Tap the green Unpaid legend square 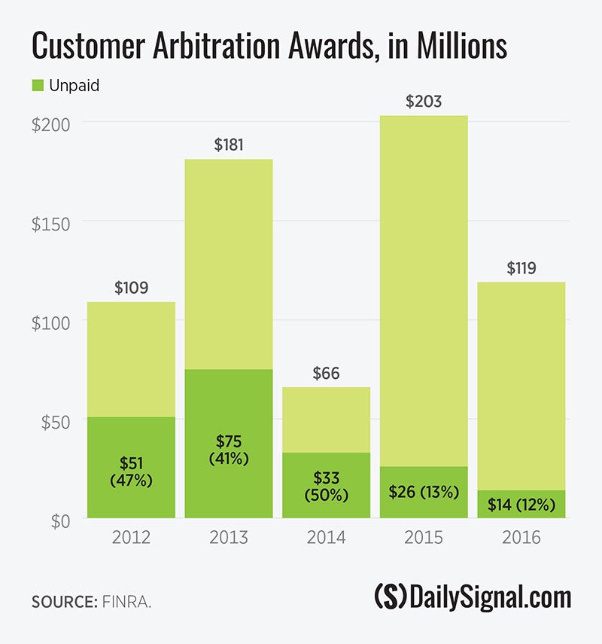point(38,86)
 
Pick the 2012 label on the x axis point(131,539)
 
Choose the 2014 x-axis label point(326,539)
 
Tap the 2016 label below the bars point(521,539)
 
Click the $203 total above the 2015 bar point(424,102)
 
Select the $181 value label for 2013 point(229,145)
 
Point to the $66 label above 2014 point(326,374)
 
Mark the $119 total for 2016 point(521,268)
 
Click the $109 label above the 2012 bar point(131,288)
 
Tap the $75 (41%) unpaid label point(229,449)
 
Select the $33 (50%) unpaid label point(326,486)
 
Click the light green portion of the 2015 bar point(424,286)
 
